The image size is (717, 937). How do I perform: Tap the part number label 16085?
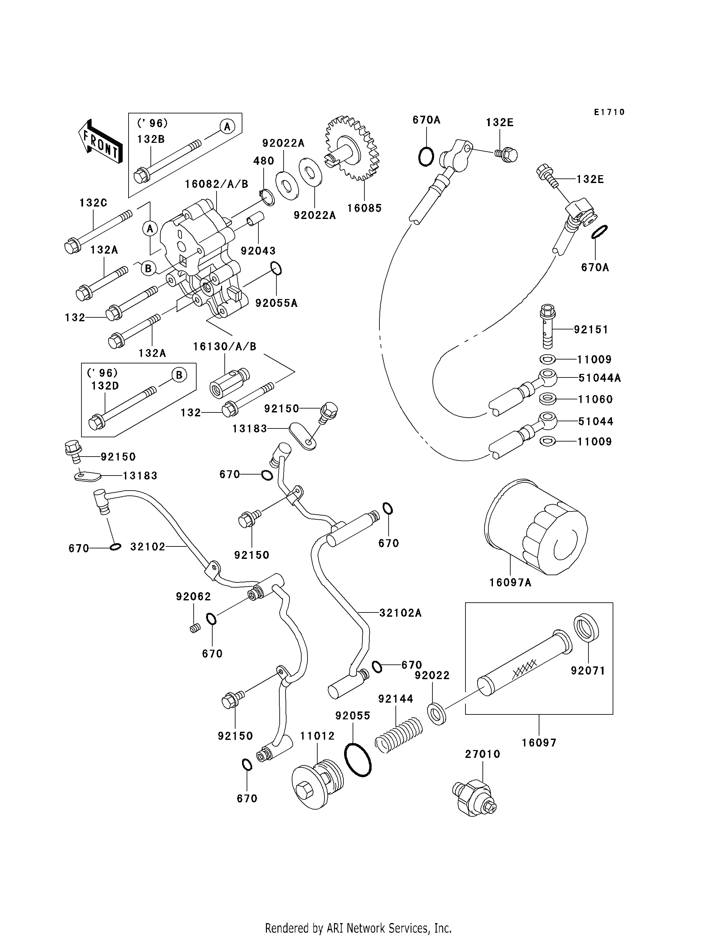tap(364, 208)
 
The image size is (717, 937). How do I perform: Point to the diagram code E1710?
tap(609, 112)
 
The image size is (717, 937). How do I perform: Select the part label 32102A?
tap(400, 613)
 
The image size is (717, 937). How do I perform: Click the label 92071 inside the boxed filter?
tap(588, 671)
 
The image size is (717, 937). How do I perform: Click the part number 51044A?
tap(599, 378)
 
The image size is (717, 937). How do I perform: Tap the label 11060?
tap(595, 400)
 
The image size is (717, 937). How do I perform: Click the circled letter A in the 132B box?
tap(227, 127)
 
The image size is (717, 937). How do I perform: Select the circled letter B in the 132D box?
tap(179, 375)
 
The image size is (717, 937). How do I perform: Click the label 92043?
tap(258, 251)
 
